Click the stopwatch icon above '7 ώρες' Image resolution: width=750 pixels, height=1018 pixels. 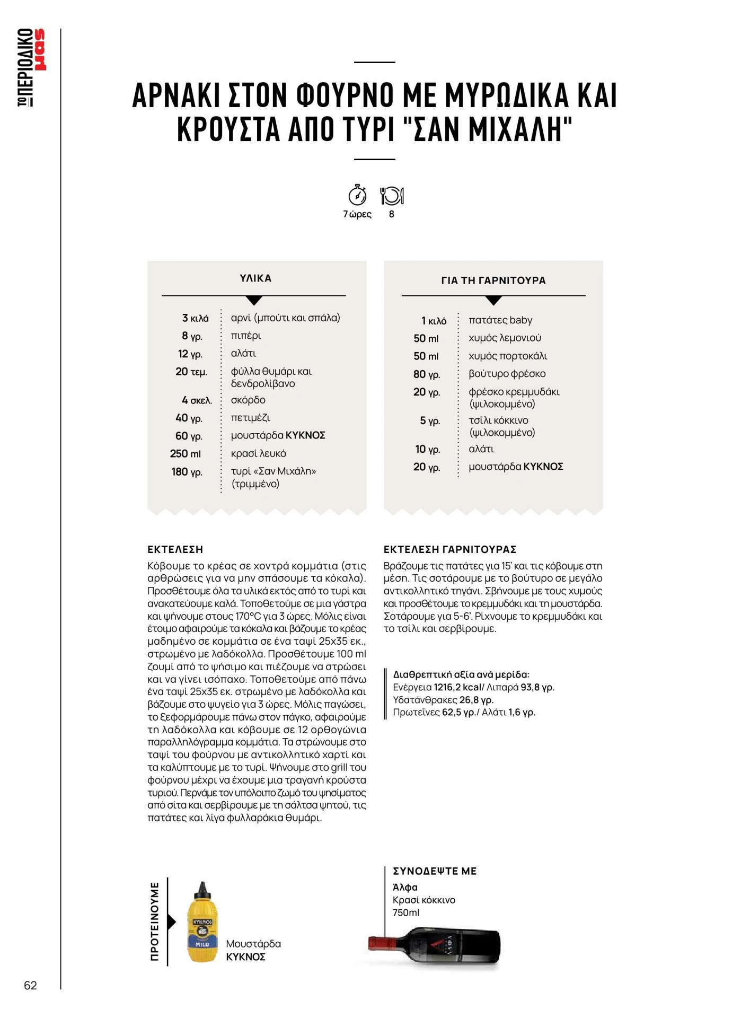click(x=357, y=195)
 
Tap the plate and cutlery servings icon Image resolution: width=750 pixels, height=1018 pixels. click(x=392, y=196)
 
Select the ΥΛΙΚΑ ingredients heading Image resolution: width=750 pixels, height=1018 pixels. click(x=255, y=278)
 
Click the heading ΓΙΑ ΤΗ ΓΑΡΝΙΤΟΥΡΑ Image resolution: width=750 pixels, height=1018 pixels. click(x=493, y=280)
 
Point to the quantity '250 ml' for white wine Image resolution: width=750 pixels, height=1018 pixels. click(x=186, y=454)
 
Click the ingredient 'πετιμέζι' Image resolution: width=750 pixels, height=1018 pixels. click(x=251, y=418)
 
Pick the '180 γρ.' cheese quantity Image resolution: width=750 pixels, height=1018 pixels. click(x=187, y=472)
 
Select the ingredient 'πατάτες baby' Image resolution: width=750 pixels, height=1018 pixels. click(x=500, y=320)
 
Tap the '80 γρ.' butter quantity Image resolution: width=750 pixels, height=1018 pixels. click(x=427, y=374)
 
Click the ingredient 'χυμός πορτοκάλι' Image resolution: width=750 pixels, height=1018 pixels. click(x=508, y=356)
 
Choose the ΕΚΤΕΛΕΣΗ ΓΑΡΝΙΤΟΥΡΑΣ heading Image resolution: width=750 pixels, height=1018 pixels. click(x=450, y=550)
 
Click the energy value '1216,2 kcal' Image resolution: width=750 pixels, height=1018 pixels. click(x=457, y=688)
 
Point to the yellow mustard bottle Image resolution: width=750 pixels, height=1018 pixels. click(x=202, y=928)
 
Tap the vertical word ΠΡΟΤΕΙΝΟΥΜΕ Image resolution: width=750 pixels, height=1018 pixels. click(x=155, y=922)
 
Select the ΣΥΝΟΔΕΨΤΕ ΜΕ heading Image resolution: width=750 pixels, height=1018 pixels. click(x=435, y=871)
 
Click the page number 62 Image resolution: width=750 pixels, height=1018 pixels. click(x=31, y=985)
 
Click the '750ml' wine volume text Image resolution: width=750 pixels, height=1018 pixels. click(x=406, y=912)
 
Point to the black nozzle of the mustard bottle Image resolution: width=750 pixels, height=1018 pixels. click(x=202, y=888)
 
